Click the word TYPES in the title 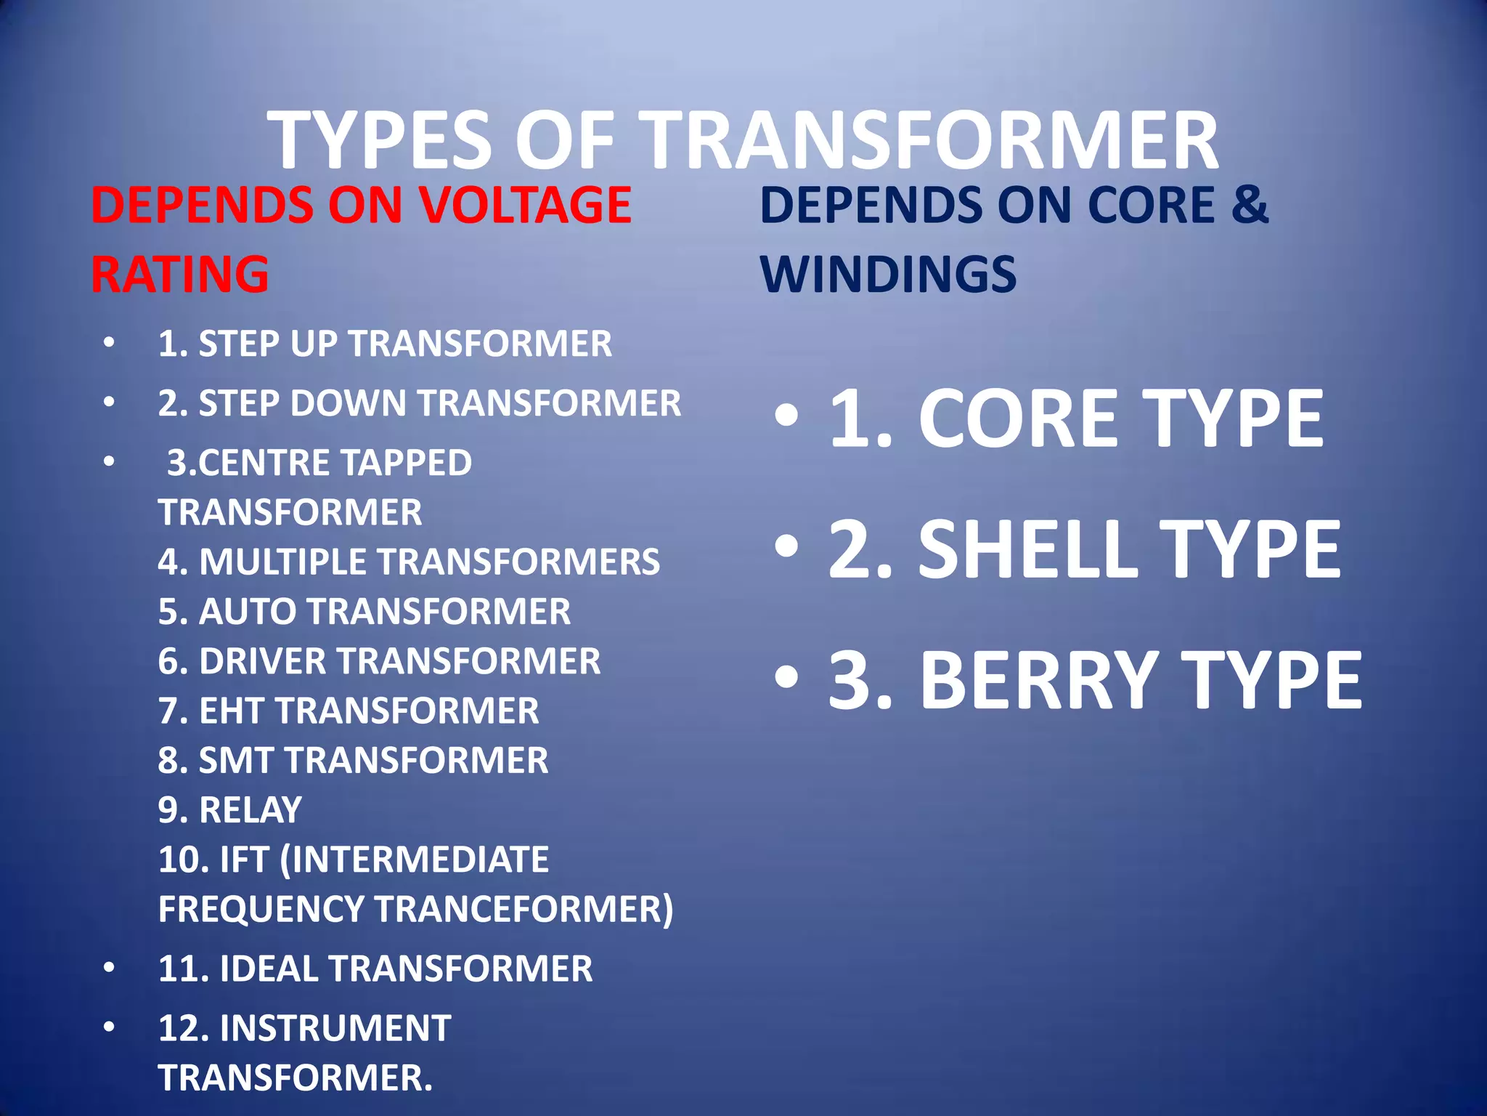pos(381,142)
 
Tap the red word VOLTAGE pos(525,205)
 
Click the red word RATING pos(179,275)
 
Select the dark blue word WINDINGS pos(888,275)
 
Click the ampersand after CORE pos(1250,205)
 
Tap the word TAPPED pos(406,463)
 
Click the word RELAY pos(250,809)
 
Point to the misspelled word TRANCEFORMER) pos(523,909)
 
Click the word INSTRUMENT pos(335,1028)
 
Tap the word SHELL pos(1027,549)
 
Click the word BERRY pos(1039,681)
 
